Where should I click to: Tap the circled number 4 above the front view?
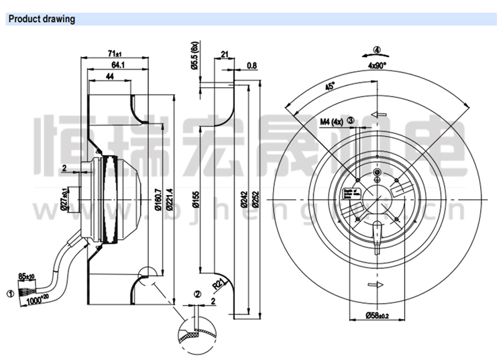pyautogui.click(x=377, y=50)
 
